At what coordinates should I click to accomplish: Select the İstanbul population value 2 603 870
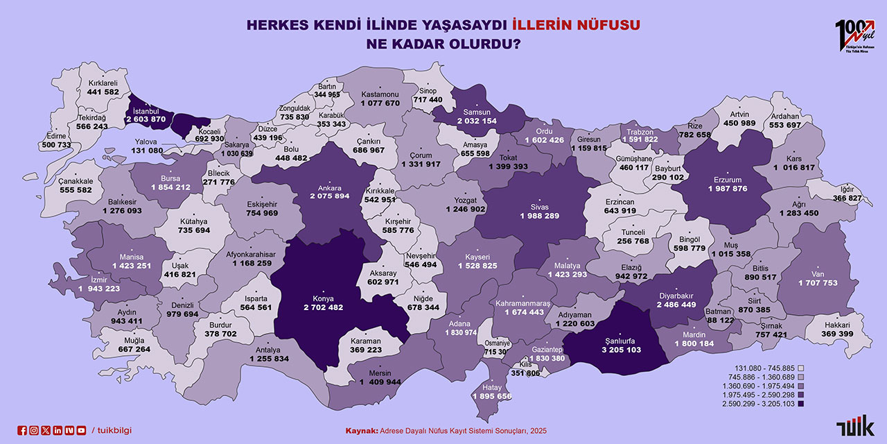[146, 119]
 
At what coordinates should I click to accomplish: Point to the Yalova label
[147, 142]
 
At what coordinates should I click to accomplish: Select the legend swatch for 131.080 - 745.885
[800, 368]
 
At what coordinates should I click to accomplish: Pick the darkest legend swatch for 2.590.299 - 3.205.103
[800, 404]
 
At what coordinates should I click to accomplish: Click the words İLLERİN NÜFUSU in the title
[576, 25]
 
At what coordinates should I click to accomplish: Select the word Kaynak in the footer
[361, 431]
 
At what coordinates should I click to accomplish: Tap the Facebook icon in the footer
[22, 431]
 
